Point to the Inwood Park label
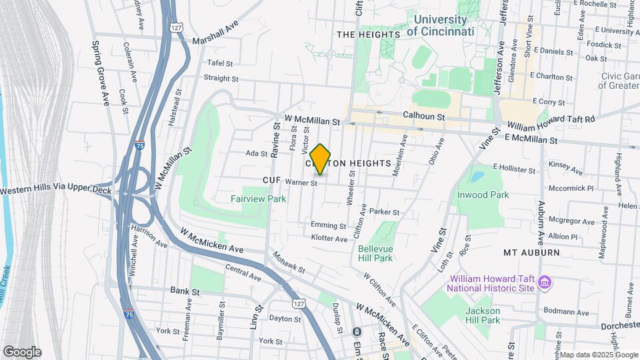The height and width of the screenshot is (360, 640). point(483,195)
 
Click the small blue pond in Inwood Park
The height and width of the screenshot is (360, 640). point(477,177)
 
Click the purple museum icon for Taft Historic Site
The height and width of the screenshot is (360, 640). point(545,283)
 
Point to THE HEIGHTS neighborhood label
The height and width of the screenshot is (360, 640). point(368,35)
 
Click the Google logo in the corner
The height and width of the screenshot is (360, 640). point(22,352)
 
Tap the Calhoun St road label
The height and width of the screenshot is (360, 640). point(423,115)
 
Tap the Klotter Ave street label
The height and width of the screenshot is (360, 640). point(329,238)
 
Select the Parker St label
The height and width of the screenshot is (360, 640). point(384,212)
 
